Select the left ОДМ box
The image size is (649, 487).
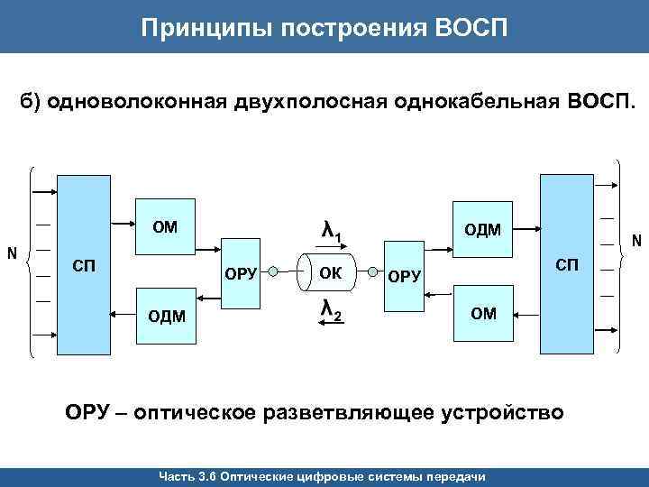[165, 314]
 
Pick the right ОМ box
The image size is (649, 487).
[483, 313]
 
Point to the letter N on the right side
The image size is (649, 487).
[636, 241]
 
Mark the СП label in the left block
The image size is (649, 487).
[83, 265]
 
